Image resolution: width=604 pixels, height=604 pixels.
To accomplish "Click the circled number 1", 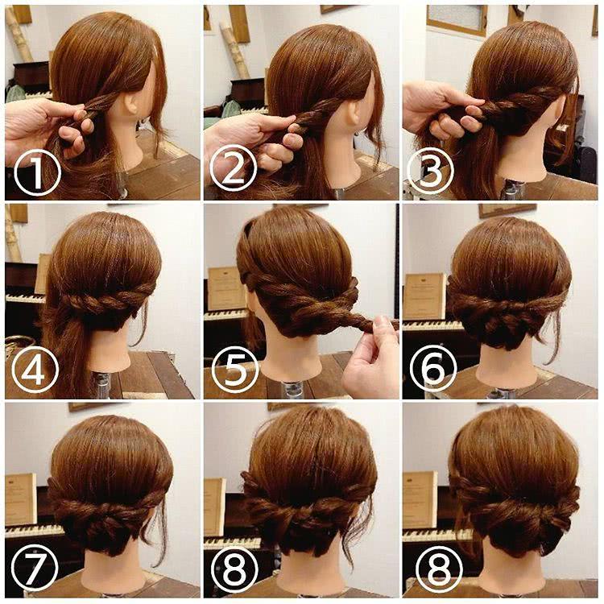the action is click(37, 172).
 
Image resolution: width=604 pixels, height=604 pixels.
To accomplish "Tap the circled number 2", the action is click(234, 168).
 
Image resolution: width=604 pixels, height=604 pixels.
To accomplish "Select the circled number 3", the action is click(429, 171).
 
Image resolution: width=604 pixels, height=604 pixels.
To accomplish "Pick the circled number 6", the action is click(432, 368).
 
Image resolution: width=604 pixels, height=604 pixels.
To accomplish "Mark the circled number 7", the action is click(35, 567).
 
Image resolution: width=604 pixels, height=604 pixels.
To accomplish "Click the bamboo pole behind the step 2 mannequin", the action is click(236, 50).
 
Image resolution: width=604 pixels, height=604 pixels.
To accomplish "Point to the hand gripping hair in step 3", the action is click(439, 110).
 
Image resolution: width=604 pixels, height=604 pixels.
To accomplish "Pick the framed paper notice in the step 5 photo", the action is click(226, 288).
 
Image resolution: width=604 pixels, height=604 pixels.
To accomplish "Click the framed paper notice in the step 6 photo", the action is click(424, 296).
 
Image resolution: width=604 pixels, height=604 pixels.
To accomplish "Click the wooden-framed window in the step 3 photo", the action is click(457, 20).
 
